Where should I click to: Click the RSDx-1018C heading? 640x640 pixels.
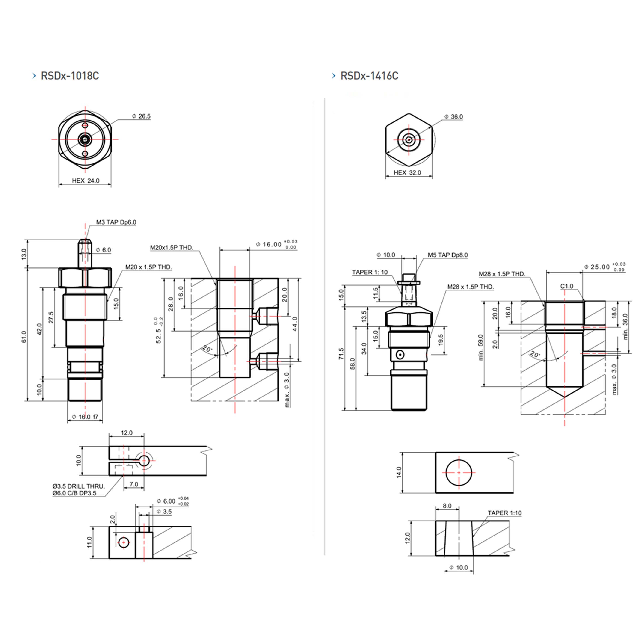70,76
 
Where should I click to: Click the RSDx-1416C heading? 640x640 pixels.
369,76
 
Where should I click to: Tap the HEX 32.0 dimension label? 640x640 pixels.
407,173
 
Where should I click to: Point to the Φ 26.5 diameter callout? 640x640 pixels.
142,116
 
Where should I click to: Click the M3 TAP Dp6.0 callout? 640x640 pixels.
116,222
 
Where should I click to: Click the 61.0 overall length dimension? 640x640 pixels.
24,337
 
